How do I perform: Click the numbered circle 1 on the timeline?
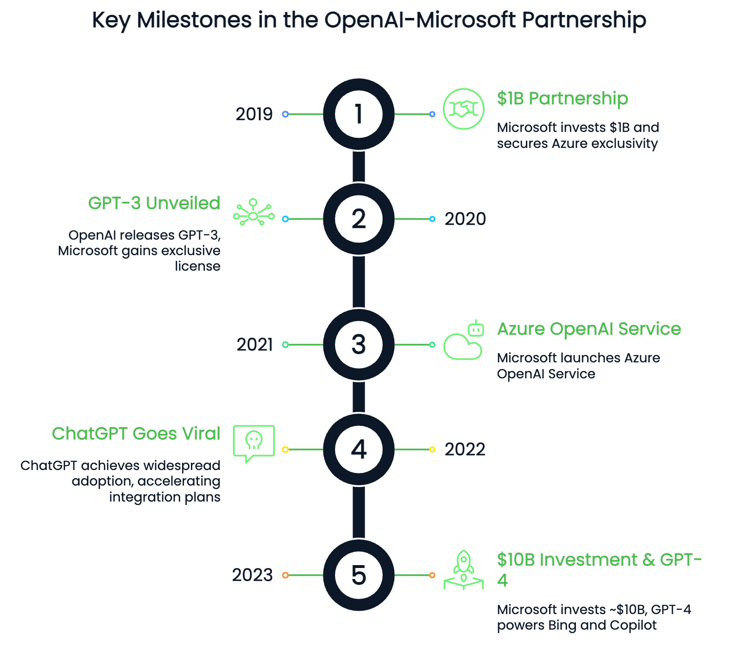359,114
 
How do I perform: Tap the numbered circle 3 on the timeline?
359,345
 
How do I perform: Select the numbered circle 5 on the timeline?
359,575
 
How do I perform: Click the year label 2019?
254,114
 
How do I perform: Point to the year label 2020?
465,219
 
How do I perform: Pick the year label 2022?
465,450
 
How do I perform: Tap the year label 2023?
252,575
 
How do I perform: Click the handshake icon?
464,109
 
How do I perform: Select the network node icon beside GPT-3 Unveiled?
253,212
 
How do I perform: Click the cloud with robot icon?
464,341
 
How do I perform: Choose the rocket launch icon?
464,570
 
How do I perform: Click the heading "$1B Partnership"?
562,98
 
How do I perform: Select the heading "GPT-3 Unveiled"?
154,203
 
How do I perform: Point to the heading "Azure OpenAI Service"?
589,329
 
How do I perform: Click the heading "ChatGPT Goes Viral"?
136,434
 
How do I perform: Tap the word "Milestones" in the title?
194,20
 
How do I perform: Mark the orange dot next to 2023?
286,575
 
